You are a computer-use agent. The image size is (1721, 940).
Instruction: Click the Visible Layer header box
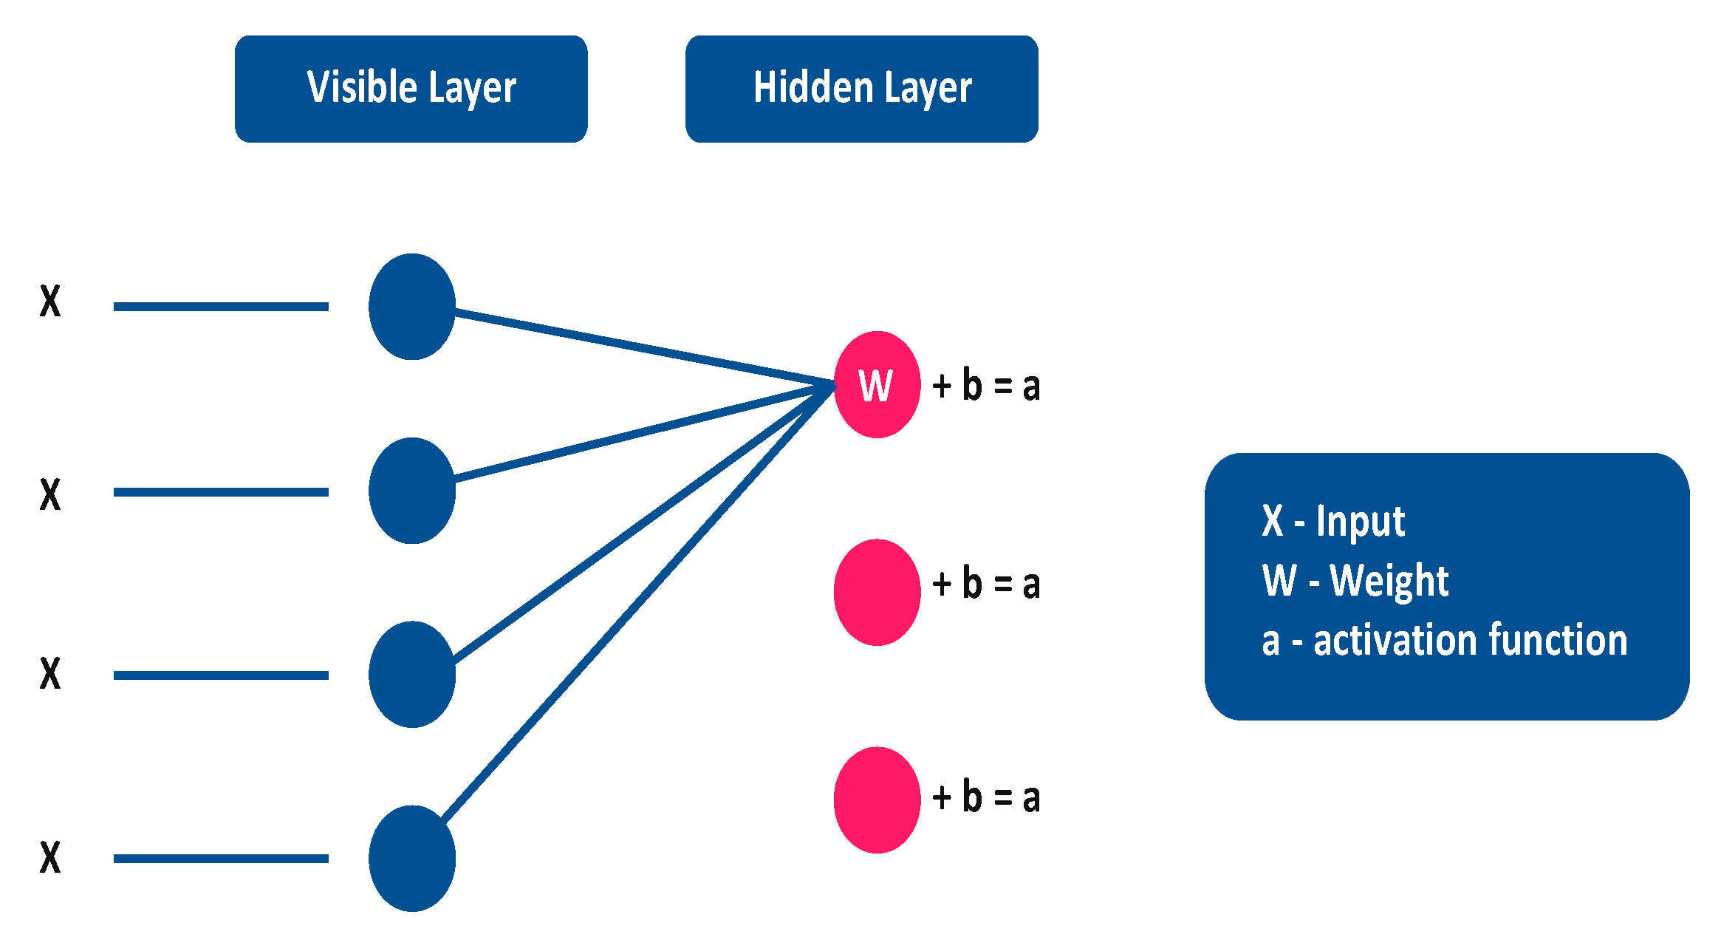coord(411,89)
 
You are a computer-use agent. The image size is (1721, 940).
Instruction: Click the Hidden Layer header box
coord(861,89)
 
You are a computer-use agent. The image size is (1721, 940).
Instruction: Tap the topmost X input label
coord(50,302)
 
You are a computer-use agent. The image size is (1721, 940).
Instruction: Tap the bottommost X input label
coord(50,857)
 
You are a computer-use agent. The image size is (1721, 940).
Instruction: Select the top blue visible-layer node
coord(412,307)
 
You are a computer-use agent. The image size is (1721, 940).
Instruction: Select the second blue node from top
coord(412,491)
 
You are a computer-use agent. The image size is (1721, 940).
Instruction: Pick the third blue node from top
coord(412,674)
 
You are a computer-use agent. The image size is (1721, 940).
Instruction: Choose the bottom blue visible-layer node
coord(412,858)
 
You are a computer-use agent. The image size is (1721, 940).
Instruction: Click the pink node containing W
coord(877,384)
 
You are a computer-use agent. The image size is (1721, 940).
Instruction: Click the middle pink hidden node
coord(877,592)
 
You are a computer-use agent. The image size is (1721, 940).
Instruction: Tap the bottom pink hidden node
coord(877,800)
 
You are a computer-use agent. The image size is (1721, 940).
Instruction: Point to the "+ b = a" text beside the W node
coord(986,386)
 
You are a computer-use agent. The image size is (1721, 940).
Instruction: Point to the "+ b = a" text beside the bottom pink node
coord(986,797)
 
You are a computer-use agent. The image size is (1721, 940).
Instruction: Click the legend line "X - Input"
coord(1332,521)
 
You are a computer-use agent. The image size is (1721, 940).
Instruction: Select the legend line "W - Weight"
coord(1355,580)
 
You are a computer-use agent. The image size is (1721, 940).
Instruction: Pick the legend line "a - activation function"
coord(1444,640)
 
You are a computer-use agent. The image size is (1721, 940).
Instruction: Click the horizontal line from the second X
coord(221,491)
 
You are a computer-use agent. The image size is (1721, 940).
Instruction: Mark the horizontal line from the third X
coord(221,675)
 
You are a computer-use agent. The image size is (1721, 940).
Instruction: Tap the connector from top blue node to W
coord(643,347)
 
